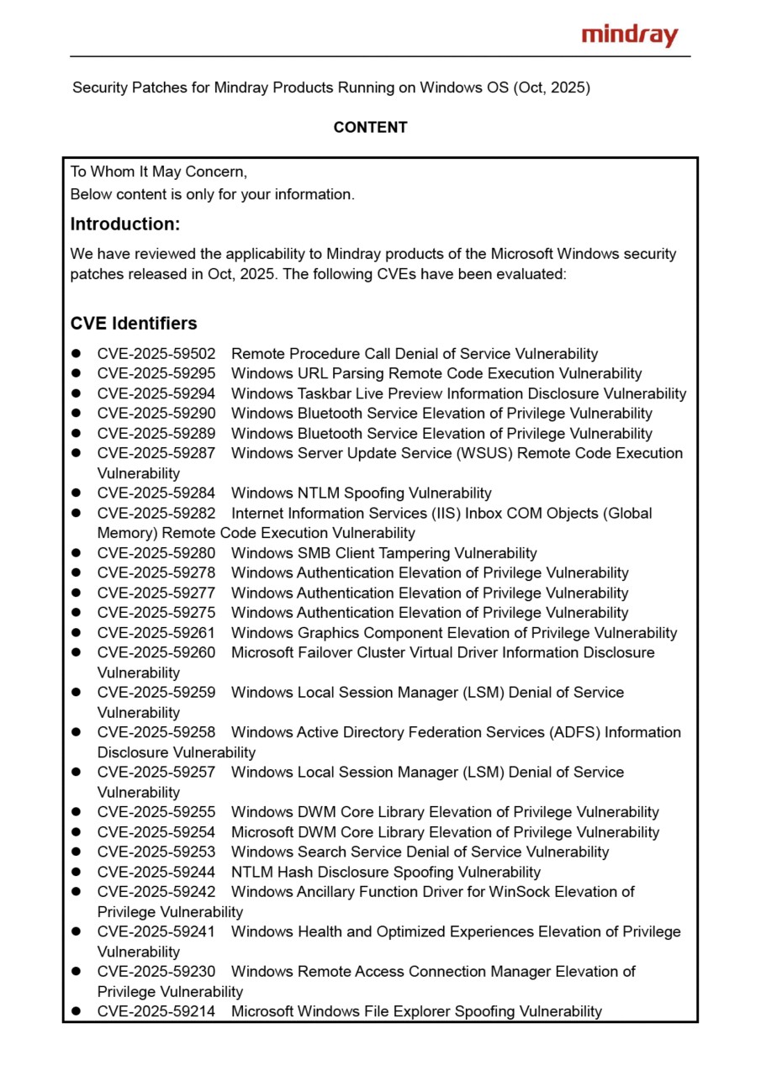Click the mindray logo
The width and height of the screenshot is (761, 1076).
pos(629,35)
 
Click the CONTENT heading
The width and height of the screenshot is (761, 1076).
pos(370,128)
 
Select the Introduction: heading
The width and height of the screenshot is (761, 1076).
pos(125,224)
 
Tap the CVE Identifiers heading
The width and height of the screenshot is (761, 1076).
pos(134,324)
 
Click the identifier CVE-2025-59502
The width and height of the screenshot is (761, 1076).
pos(156,354)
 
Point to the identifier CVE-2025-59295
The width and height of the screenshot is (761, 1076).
pos(156,374)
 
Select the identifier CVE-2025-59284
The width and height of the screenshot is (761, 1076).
pos(156,493)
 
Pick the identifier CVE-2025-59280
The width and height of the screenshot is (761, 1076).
pos(156,553)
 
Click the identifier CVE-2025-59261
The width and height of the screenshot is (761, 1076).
pos(156,633)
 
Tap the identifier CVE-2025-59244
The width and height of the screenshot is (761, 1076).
pos(156,873)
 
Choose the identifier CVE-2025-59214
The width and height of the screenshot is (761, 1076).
pos(156,1012)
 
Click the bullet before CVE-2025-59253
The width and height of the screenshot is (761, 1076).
pos(77,852)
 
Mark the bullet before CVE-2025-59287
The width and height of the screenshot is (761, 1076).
pos(77,454)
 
